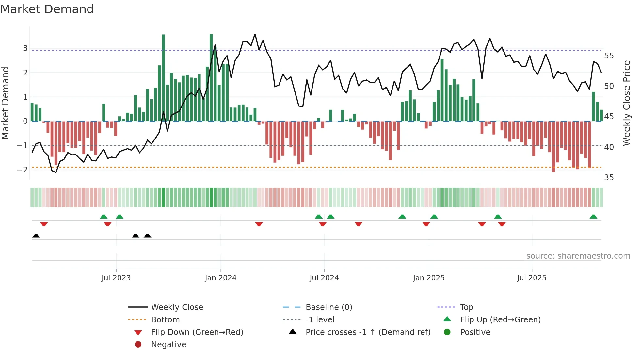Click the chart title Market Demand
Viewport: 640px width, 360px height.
pos(47,9)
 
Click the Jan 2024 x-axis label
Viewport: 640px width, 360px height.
pos(220,278)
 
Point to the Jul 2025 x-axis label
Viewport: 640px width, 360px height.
pos(531,278)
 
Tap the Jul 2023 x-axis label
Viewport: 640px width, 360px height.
pos(116,278)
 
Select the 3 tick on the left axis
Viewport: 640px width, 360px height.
pos(25,48)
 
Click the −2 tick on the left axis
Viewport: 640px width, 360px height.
pos(22,170)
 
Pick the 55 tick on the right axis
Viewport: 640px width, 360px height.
pos(609,56)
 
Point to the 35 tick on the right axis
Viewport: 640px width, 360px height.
pos(609,178)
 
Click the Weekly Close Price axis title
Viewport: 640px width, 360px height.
pos(626,103)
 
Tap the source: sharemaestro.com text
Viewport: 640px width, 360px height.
pos(578,256)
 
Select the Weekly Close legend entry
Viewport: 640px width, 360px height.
pos(177,307)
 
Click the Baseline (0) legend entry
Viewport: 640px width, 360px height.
pos(329,307)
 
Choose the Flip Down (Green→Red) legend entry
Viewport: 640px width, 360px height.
pos(197,332)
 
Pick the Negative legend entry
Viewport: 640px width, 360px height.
pos(168,345)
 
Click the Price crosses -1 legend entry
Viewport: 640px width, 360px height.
pos(368,332)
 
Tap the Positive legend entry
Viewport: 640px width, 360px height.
pos(475,332)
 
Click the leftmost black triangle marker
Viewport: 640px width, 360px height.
pos(36,236)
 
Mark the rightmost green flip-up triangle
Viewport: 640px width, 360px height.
pos(593,217)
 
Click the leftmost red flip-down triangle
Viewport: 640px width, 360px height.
pos(44,224)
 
